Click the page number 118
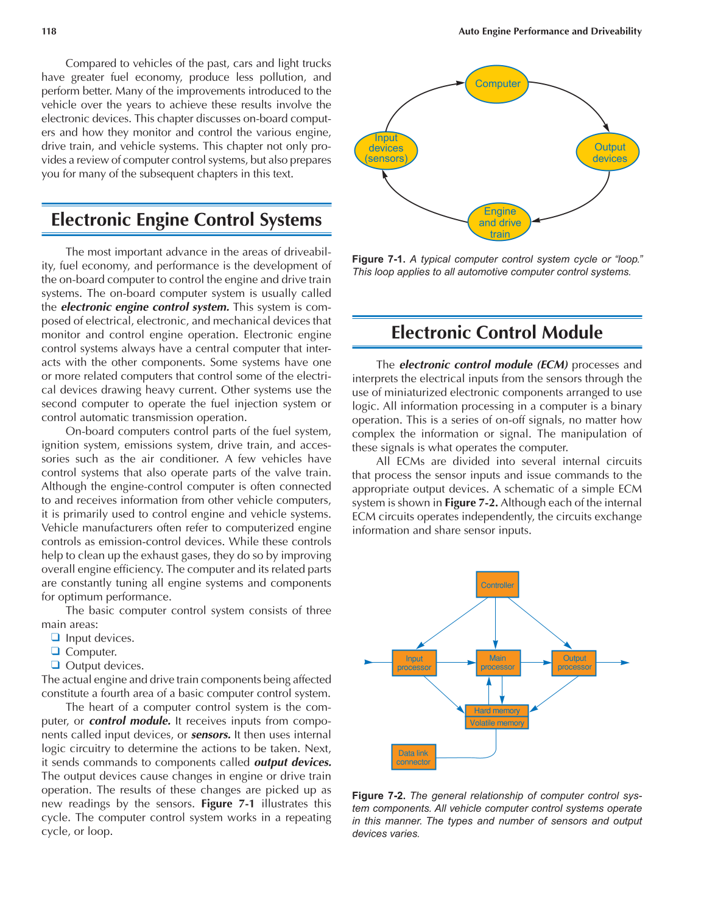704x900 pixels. tap(49, 31)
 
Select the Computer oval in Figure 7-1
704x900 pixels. tap(498, 84)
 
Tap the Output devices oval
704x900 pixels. tap(609, 153)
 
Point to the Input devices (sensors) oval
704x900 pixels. tap(386, 148)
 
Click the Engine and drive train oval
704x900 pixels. tap(499, 223)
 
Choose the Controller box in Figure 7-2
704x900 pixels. tap(497, 585)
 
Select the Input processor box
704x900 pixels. tap(414, 663)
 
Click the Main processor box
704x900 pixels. tap(498, 663)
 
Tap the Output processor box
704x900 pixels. tap(574, 663)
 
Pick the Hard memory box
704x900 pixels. tap(497, 710)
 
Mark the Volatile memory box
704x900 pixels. tap(497, 723)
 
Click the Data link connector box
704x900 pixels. tap(414, 757)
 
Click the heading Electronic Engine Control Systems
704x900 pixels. tap(186, 220)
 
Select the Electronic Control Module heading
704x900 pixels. tap(497, 332)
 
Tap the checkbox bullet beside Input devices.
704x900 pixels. tap(55, 638)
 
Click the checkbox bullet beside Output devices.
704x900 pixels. tap(55, 665)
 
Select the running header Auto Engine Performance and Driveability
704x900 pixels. tap(550, 31)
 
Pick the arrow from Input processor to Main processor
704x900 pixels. tap(456, 662)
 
